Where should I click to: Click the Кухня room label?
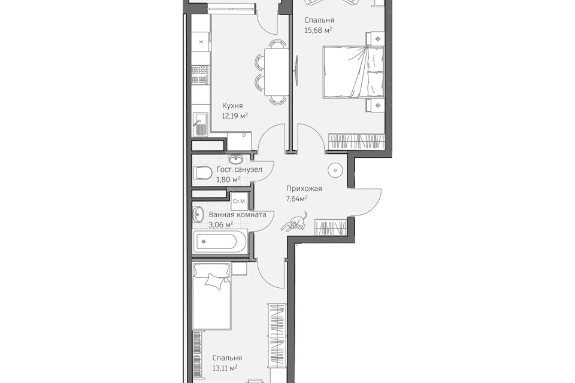tap(232, 106)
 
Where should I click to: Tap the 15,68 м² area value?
tap(318, 31)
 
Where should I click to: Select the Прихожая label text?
tap(304, 189)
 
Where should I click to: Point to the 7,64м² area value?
tap(296, 199)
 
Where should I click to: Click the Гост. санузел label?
tap(240, 170)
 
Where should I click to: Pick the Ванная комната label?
tap(238, 215)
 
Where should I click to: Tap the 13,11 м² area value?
tap(225, 368)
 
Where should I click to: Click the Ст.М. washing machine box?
tap(240, 201)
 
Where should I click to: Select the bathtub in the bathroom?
tap(216, 242)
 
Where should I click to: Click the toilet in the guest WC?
tap(202, 172)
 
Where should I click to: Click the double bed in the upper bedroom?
tap(353, 72)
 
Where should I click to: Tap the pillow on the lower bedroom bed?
tap(214, 281)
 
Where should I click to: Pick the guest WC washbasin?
tap(236, 159)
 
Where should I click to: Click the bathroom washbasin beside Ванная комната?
tap(198, 214)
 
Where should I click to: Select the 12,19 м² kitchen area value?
tap(235, 117)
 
